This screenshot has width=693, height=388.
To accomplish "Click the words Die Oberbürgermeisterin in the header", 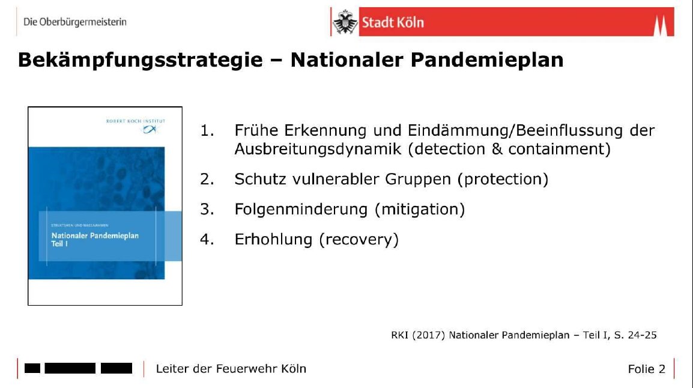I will coord(75,22).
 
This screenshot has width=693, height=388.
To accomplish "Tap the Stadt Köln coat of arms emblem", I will coord(345,23).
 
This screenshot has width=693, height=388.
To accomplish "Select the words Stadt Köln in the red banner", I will coord(393,23).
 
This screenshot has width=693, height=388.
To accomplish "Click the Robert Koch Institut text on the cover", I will coord(135,121).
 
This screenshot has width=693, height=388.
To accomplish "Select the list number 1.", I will coord(207,131).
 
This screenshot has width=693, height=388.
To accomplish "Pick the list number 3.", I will coord(207,209).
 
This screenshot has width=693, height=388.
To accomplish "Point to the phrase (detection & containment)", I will coord(509,150).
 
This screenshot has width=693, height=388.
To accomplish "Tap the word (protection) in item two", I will coord(503,179).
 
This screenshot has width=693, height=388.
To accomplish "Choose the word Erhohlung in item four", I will coord(273,239).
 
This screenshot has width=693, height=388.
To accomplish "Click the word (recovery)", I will coord(359,239).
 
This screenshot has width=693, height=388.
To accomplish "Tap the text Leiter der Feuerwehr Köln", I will coord(231,369).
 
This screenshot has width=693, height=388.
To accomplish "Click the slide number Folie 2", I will coord(647,369).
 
